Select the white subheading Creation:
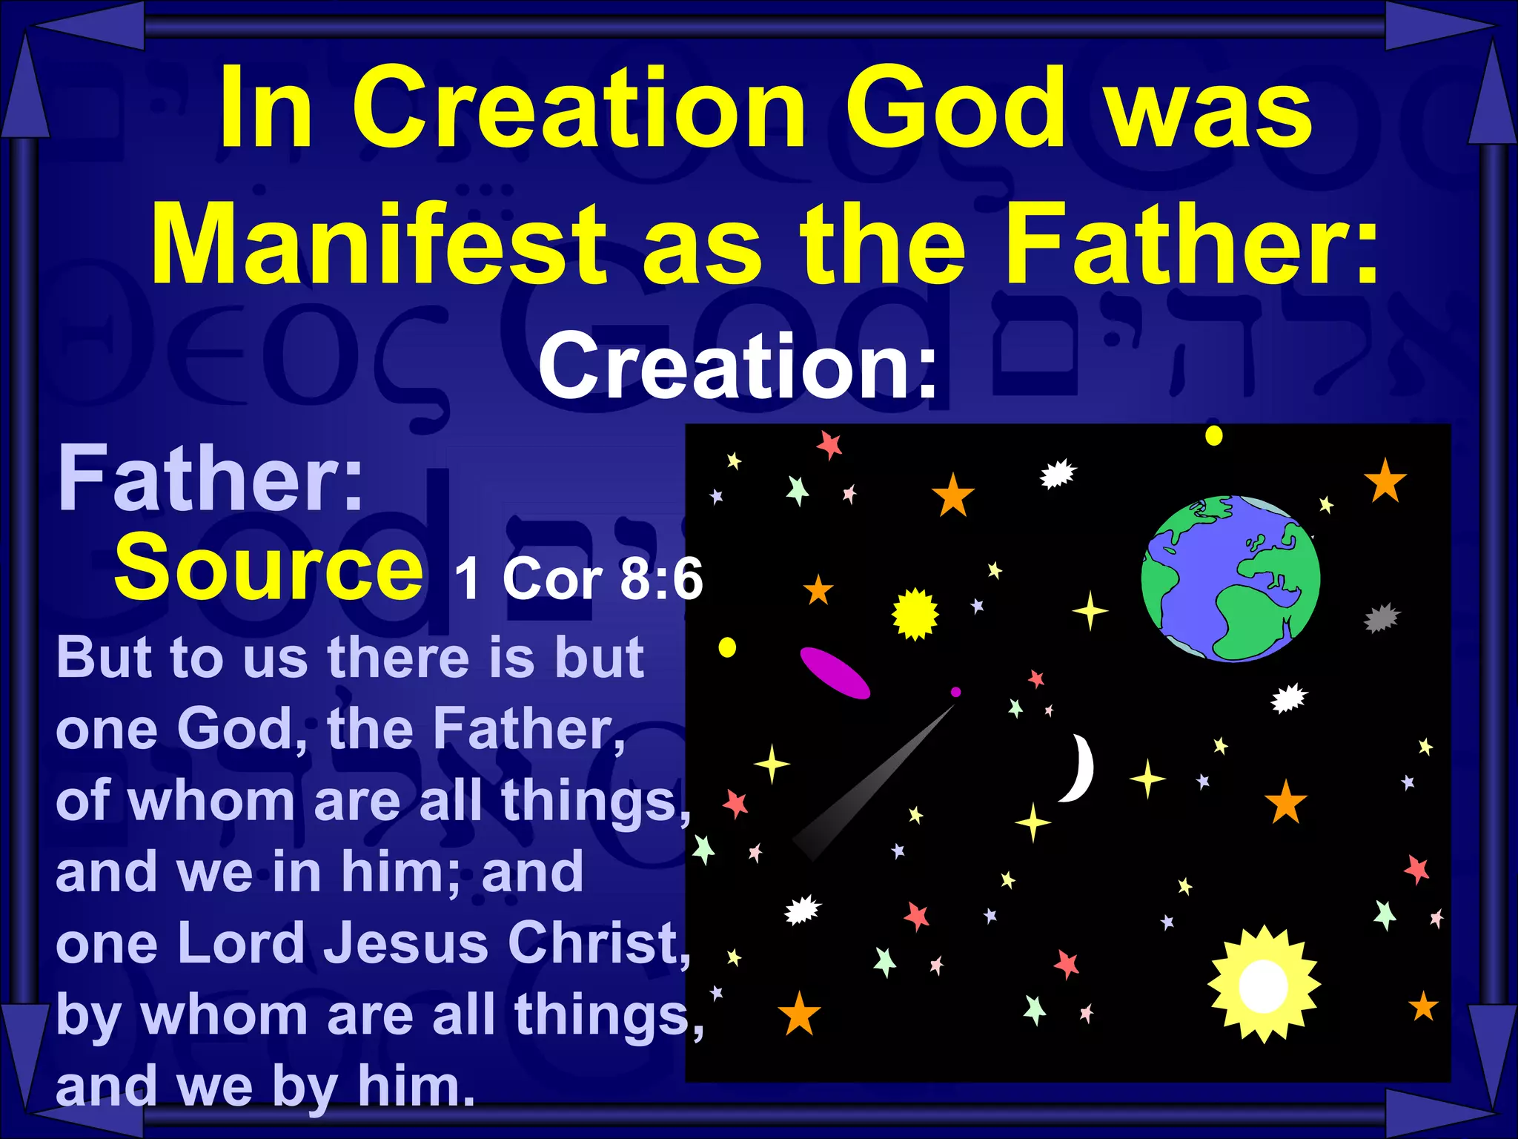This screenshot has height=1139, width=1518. (x=738, y=365)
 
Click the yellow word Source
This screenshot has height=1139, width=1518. (x=268, y=567)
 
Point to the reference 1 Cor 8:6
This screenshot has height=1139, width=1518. (x=578, y=578)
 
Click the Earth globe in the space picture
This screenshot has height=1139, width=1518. (x=1230, y=578)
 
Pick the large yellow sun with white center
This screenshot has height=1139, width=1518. (x=1263, y=984)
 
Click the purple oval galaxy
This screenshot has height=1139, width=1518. (x=835, y=673)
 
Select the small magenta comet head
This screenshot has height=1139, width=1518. (x=955, y=692)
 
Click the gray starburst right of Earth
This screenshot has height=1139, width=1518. (x=1382, y=618)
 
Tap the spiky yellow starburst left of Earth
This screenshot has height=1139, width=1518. (x=915, y=613)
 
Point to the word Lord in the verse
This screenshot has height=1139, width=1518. (x=241, y=943)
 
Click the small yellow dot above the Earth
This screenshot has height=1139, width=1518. (x=1213, y=435)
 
